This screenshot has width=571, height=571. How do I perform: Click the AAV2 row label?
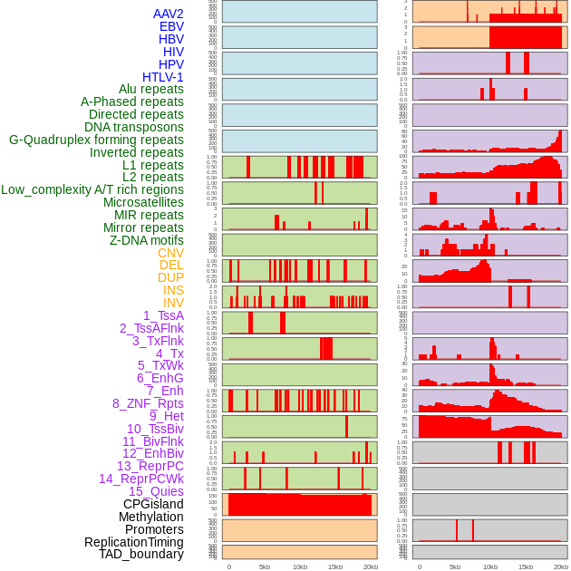tap(168, 14)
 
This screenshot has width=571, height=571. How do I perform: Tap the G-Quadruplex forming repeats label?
tap(96, 140)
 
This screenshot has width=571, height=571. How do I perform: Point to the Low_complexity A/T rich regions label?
tap(92, 189)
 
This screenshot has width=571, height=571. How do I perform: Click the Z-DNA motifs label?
tap(146, 240)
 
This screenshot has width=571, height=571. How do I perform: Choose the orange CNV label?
tap(170, 253)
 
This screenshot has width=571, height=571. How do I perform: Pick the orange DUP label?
tap(170, 277)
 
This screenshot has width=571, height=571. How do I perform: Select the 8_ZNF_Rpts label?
tap(148, 403)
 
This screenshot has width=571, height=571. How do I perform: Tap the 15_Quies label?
tap(155, 491)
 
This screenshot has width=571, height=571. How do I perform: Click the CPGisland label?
tap(153, 504)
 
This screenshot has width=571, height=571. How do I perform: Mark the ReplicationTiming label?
tap(134, 542)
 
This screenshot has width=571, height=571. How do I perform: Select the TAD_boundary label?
tap(140, 554)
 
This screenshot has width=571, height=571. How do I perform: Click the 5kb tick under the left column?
tap(265, 566)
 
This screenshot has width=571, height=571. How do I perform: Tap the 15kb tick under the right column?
tap(526, 566)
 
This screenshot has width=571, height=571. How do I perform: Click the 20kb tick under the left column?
tap(371, 566)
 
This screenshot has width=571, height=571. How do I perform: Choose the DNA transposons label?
tap(134, 127)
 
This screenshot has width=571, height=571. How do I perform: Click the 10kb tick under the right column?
tap(490, 566)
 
